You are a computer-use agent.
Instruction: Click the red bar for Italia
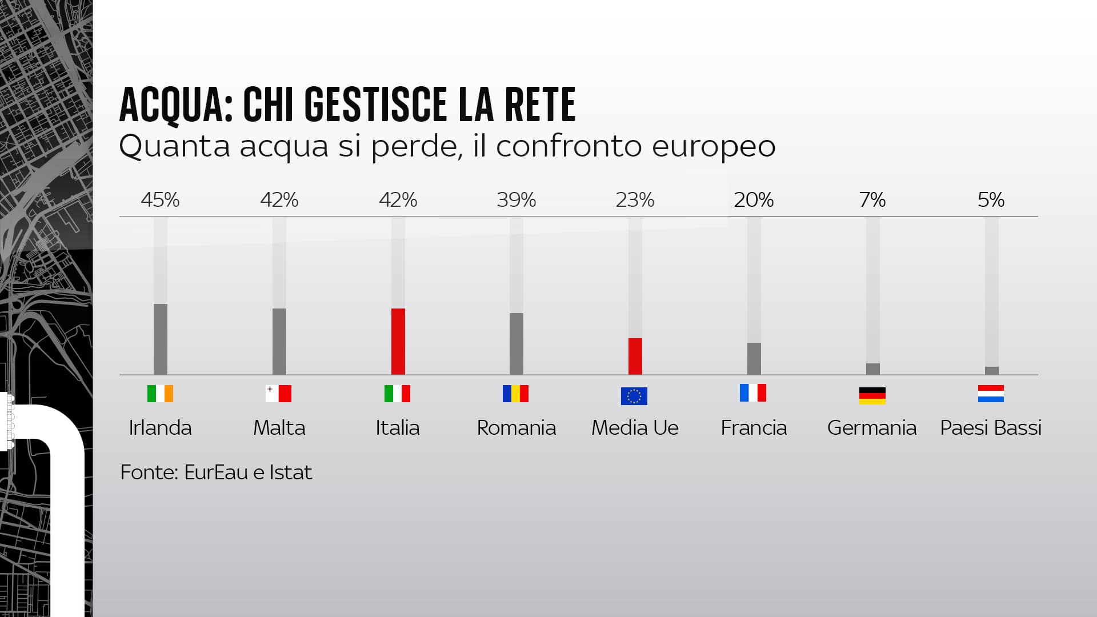(x=398, y=342)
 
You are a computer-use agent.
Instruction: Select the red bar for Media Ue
(x=635, y=356)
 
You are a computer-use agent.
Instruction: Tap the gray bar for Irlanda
(x=161, y=339)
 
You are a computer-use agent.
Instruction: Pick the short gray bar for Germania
(x=872, y=369)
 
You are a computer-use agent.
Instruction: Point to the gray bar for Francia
(x=754, y=359)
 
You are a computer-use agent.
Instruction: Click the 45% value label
(x=161, y=200)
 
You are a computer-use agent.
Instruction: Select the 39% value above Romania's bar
(x=517, y=200)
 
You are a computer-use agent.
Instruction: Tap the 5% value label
(x=991, y=200)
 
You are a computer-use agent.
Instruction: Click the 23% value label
(x=635, y=200)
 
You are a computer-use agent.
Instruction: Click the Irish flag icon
(x=161, y=394)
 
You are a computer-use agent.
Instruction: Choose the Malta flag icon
(x=279, y=394)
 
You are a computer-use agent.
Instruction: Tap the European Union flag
(x=634, y=396)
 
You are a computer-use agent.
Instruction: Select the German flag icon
(x=872, y=395)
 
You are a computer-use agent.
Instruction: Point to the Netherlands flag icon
(x=991, y=394)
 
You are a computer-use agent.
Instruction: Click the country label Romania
(x=517, y=428)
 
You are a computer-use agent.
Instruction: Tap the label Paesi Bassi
(x=991, y=428)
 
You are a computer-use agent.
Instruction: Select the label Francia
(x=754, y=428)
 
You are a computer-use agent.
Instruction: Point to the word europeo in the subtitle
(x=714, y=146)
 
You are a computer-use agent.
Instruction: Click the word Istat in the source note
(x=290, y=472)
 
